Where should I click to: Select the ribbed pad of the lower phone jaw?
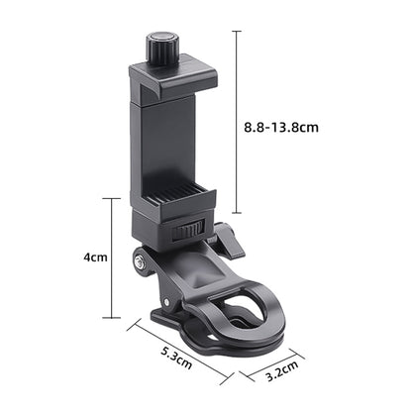pyautogui.click(x=175, y=196)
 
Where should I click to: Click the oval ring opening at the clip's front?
pyautogui.click(x=248, y=313)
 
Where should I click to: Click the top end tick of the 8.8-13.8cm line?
pyautogui.click(x=237, y=31)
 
